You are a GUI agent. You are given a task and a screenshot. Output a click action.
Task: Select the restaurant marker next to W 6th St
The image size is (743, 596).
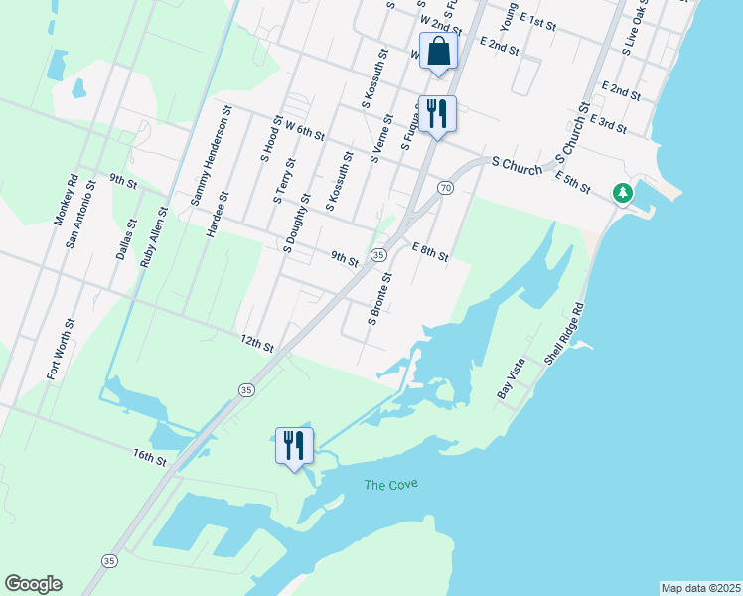point(436,113)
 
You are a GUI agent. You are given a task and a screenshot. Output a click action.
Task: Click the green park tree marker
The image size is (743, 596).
point(623,192)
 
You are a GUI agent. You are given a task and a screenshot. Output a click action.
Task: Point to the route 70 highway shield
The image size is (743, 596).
point(446,188)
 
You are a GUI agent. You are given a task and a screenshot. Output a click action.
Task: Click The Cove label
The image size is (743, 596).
point(390,485)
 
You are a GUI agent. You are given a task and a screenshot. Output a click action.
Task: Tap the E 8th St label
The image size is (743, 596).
point(430,250)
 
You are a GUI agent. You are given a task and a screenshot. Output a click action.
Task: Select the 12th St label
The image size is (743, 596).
point(256,343)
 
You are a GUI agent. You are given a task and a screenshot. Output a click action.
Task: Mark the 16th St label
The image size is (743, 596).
point(150,457)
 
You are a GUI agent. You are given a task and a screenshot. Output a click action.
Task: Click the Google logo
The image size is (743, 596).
point(33,584)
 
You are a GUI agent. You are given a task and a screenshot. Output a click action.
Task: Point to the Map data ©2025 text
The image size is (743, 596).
point(699,588)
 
